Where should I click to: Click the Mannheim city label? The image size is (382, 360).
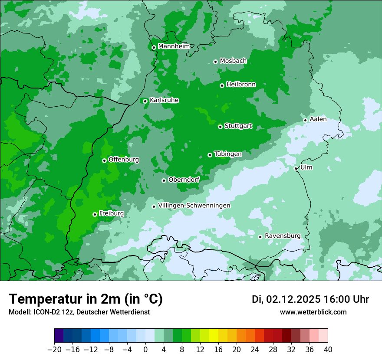[174, 46]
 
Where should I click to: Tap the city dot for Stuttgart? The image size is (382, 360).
[221, 127]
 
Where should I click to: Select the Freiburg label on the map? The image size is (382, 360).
[111, 213]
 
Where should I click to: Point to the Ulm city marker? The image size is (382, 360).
[296, 168]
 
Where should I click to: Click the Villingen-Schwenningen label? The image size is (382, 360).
[194, 206]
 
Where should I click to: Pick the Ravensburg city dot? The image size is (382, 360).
[260, 237]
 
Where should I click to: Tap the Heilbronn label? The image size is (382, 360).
[241, 85]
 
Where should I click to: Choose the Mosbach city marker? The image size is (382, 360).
[215, 62]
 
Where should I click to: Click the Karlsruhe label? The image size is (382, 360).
[164, 100]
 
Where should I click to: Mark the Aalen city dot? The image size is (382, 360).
[306, 120]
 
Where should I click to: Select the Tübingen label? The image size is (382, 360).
[228, 154]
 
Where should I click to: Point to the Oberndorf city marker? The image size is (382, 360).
[164, 180]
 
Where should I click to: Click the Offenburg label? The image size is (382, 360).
[124, 160]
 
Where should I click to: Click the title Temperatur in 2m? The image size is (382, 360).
[86, 299]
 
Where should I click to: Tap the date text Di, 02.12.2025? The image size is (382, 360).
[286, 299]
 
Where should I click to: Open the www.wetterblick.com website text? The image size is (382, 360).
[313, 312]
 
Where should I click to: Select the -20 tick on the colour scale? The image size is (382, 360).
[54, 350]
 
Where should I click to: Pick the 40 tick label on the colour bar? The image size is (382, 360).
[328, 350]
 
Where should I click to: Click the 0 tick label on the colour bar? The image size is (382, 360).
[145, 350]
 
